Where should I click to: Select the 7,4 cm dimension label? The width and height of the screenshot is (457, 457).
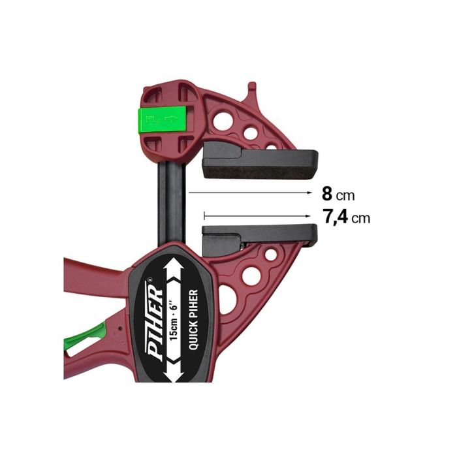pos(346,217)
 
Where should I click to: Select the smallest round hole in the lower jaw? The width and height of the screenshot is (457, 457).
pos(269,259)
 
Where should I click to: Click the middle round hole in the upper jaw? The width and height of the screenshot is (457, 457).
pos(250,133)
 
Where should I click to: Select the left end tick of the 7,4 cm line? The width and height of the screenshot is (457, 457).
pos(204,215)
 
